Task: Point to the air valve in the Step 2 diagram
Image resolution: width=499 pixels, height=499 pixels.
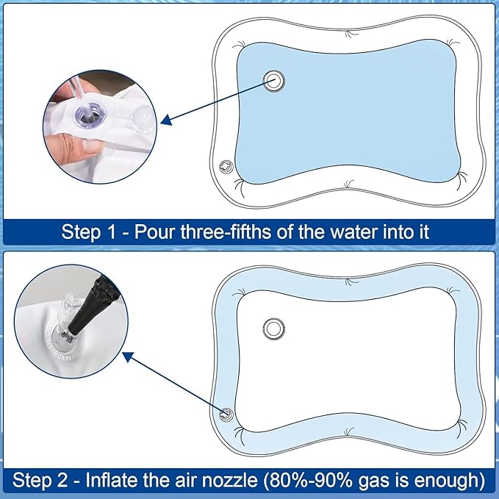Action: tap(226, 414)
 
